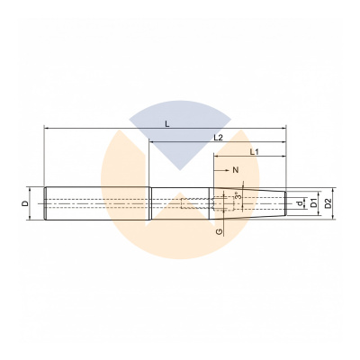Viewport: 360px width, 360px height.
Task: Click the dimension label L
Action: (167, 124)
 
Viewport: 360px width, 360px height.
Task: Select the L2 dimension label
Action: (219, 138)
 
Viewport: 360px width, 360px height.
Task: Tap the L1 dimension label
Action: (255, 152)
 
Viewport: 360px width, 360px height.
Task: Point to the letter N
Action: (236, 170)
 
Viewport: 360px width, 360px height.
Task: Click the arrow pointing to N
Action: (221, 170)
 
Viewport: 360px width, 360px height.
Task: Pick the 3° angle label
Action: (238, 197)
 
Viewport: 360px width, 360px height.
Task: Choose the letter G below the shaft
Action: (220, 231)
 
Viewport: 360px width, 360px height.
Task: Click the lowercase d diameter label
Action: (300, 204)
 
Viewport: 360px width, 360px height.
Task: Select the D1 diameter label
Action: (313, 203)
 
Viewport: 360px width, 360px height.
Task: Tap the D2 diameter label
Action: (328, 203)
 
